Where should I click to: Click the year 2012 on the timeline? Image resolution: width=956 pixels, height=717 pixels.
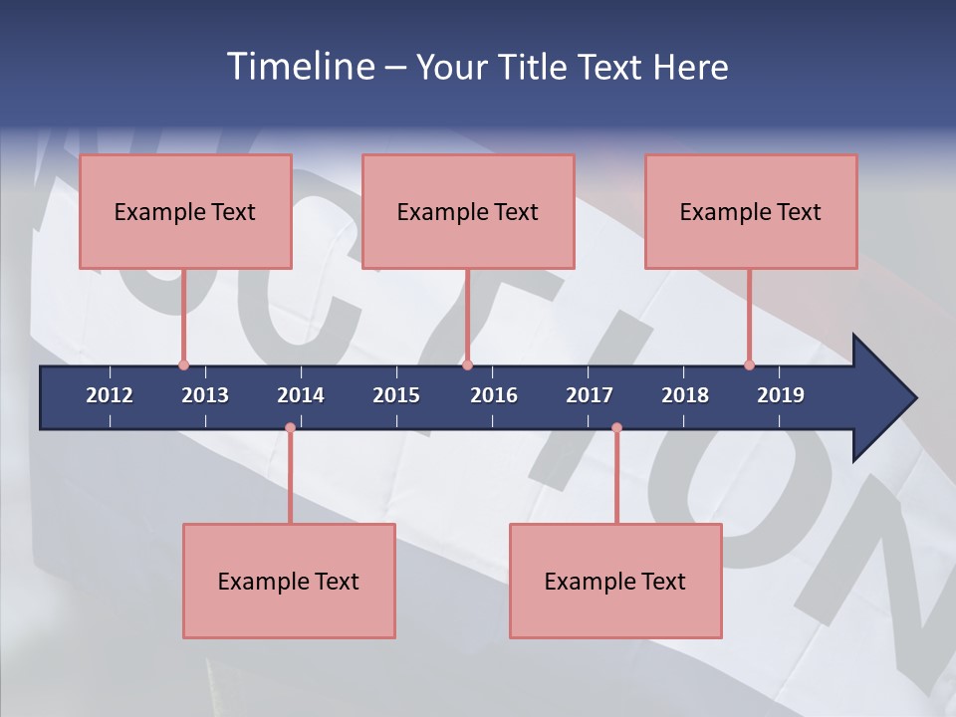(110, 395)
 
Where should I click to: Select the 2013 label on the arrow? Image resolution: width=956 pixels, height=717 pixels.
(205, 395)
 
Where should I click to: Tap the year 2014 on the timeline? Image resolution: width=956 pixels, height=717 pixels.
(301, 395)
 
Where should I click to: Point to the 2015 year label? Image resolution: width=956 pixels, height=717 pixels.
(396, 395)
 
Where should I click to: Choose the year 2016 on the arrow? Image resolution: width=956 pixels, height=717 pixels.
(494, 395)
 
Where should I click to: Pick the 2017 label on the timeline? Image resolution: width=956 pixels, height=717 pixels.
(590, 395)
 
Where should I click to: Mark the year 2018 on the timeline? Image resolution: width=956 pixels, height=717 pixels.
(685, 395)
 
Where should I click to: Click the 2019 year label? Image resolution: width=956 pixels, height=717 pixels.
(781, 395)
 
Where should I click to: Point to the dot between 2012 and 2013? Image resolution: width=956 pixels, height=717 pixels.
(183, 364)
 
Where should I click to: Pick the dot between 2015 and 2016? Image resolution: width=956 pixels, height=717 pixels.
(467, 364)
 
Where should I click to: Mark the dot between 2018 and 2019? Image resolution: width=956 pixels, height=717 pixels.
(749, 364)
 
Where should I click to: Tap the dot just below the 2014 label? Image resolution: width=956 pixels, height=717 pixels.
(290, 428)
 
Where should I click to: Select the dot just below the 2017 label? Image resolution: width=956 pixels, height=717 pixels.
(616, 428)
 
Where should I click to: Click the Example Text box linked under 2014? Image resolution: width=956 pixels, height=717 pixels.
(289, 581)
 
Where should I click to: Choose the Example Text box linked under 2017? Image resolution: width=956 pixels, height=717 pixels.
(615, 581)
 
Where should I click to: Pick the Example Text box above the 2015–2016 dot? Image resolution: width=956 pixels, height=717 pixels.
(468, 211)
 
